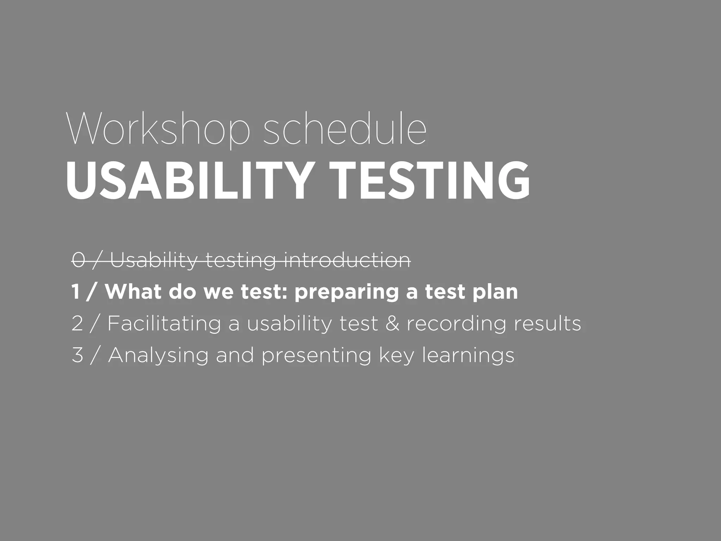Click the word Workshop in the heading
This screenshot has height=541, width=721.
[x=158, y=129]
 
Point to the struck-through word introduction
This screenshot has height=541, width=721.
[x=347, y=261]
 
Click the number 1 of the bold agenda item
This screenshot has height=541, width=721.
[x=75, y=292]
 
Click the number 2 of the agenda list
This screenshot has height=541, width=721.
[x=77, y=323]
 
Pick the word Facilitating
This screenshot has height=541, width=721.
[x=164, y=323]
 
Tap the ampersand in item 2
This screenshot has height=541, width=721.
[x=392, y=323]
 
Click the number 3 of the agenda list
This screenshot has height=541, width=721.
[x=77, y=355]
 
